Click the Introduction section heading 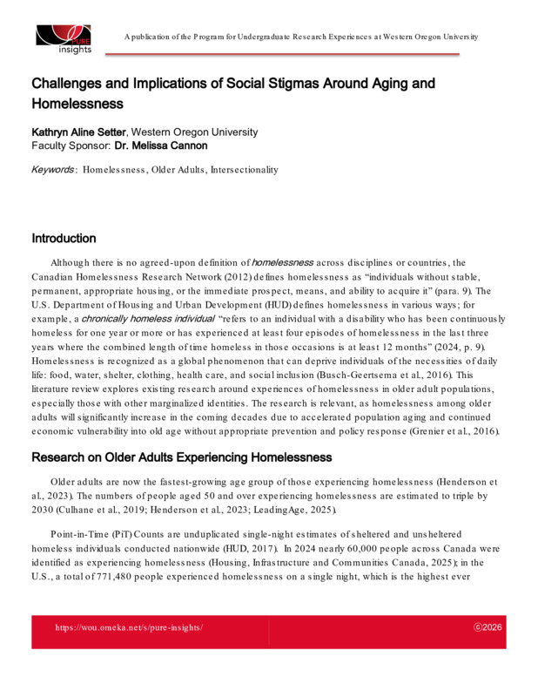pyautogui.click(x=64, y=238)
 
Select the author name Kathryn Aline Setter pyautogui.click(x=79, y=132)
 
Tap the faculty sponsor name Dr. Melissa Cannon pyautogui.click(x=143, y=145)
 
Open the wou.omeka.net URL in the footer pyautogui.click(x=129, y=626)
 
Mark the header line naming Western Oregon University pyautogui.click(x=300, y=37)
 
